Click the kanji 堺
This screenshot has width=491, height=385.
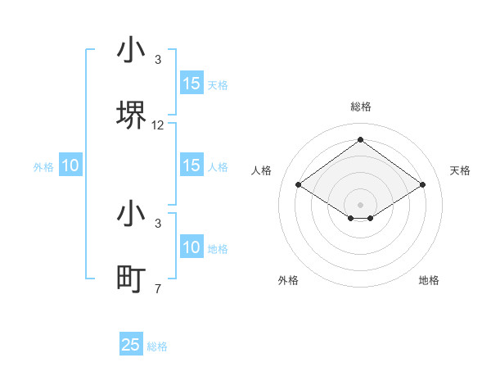[131, 115]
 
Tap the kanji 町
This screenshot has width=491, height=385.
[131, 279]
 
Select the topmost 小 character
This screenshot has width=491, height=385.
[131, 51]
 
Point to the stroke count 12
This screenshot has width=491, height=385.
[158, 125]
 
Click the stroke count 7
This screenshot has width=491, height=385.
[158, 288]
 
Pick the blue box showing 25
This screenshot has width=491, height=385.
[131, 345]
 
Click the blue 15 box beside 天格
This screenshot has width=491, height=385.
[191, 84]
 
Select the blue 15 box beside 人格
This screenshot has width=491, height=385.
[191, 165]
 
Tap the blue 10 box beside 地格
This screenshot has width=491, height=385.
[191, 247]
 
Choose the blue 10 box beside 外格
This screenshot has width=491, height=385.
[70, 165]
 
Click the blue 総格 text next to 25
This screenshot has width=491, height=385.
[157, 346]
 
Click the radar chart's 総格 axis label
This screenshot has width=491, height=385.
[360, 106]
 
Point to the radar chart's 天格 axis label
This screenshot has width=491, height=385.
[460, 170]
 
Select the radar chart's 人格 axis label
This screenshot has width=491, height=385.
[261, 170]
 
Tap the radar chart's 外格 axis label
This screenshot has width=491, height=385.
[288, 280]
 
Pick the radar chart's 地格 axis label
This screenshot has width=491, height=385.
[429, 280]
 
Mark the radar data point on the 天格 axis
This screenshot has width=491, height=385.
[422, 185]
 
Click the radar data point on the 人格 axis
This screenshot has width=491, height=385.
[299, 185]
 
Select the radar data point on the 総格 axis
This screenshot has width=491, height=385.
[360, 139]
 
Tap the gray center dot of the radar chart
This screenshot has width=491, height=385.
[360, 204]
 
